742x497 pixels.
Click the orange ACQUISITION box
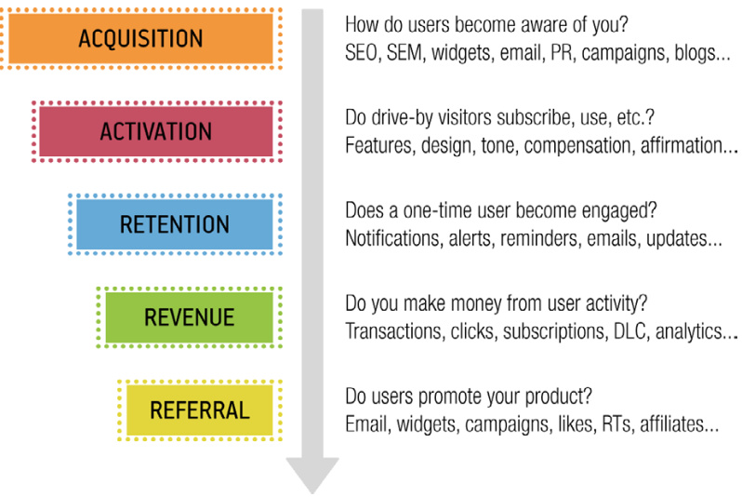pyautogui.click(x=140, y=38)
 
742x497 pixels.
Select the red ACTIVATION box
pyautogui.click(x=155, y=131)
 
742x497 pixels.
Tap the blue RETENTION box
pyautogui.click(x=174, y=224)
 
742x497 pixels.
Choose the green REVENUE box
pyautogui.click(x=189, y=317)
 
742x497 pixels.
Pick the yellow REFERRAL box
pyautogui.click(x=199, y=410)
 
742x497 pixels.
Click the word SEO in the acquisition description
pyautogui.click(x=361, y=53)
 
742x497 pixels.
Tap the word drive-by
pyautogui.click(x=403, y=118)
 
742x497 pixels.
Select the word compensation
pyautogui.click(x=577, y=146)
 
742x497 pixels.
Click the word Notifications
pyautogui.click(x=392, y=238)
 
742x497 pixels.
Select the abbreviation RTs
pyautogui.click(x=616, y=424)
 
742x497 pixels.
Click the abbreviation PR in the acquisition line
pyautogui.click(x=562, y=53)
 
